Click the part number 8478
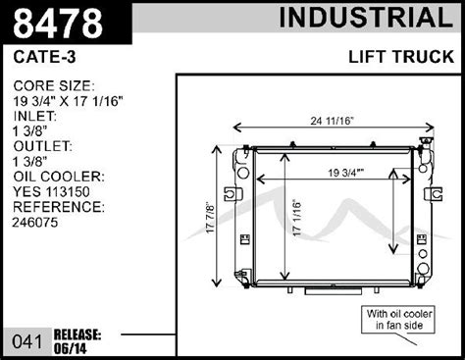[x=58, y=24]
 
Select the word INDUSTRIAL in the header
[x=366, y=18]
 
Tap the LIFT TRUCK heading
[x=401, y=57]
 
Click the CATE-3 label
[x=44, y=57]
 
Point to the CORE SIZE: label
[x=54, y=86]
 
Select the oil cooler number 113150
[x=68, y=192]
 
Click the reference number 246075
[x=35, y=223]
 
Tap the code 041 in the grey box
[x=27, y=342]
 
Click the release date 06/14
[x=71, y=349]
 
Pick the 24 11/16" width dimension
[x=333, y=121]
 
